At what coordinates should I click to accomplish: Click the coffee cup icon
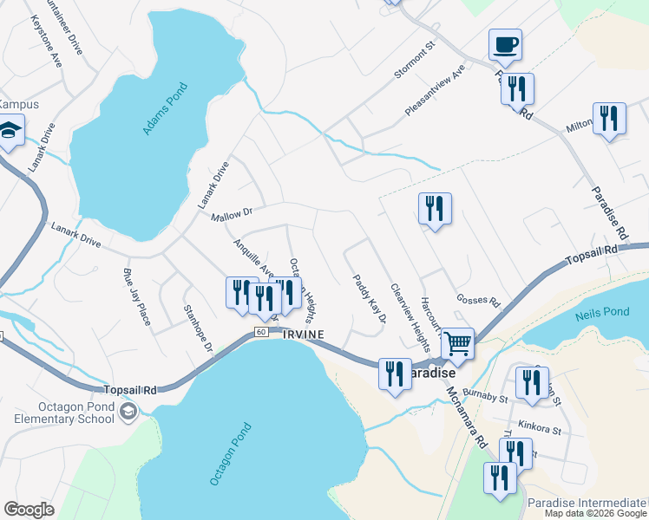tap(505, 43)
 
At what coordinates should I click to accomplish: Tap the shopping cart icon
tap(457, 343)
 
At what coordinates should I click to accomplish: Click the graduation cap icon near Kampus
tap(9, 132)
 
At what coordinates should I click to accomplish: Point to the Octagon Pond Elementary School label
tap(58, 413)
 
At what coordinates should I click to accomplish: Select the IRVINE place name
tap(303, 335)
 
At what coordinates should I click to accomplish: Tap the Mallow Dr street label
tap(231, 212)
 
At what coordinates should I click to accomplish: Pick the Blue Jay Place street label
tap(136, 295)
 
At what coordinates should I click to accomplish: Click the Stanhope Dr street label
tap(199, 328)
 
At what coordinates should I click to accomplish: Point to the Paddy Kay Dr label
tap(369, 300)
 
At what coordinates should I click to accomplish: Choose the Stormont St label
tap(413, 62)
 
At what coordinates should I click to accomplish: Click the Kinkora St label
tap(541, 429)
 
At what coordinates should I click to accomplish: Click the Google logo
tap(29, 510)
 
